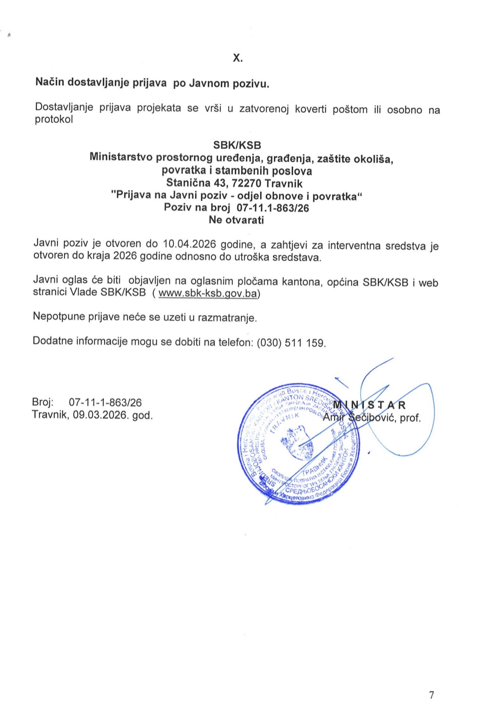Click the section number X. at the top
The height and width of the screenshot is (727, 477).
click(x=238, y=58)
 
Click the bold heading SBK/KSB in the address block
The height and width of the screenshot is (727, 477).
click(x=237, y=145)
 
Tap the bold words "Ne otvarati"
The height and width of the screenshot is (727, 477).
click(x=236, y=220)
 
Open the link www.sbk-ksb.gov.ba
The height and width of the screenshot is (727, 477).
click(x=208, y=293)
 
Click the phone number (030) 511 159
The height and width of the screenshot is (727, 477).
click(x=291, y=343)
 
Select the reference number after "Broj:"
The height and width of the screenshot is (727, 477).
click(x=105, y=403)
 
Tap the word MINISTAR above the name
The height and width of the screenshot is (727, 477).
click(x=369, y=405)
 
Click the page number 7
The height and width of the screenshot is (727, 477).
click(x=432, y=695)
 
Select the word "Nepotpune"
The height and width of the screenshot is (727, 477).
click(x=57, y=316)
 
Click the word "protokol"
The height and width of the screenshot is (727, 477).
click(x=54, y=120)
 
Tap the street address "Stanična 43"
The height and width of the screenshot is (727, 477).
click(x=190, y=183)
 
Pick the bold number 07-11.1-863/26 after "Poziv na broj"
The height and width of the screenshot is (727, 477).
click(x=273, y=207)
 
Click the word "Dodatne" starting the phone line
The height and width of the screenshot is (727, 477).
click(x=53, y=341)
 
